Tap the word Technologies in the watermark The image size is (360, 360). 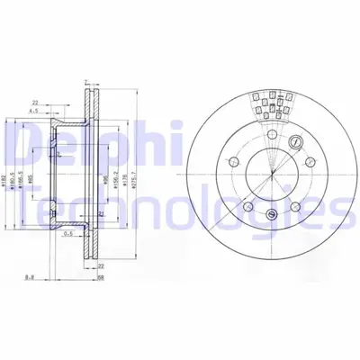(x=180, y=211)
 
